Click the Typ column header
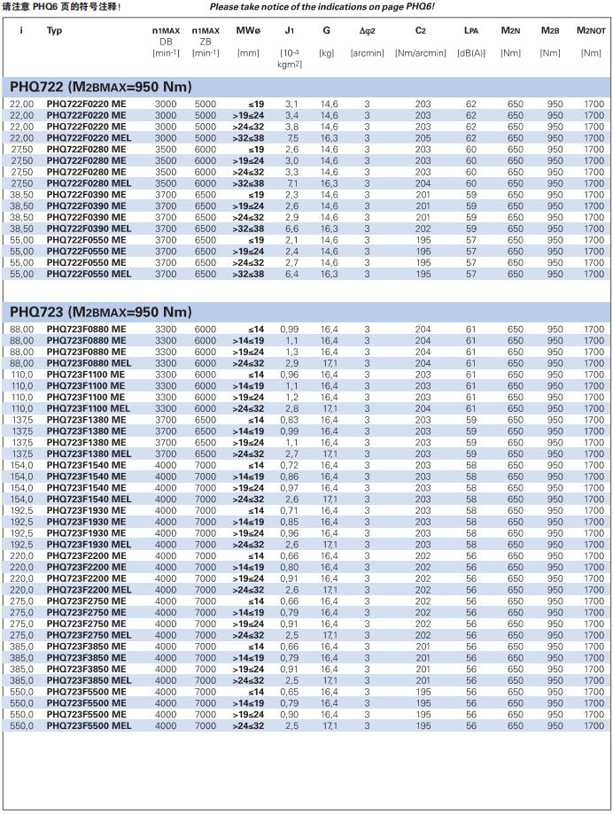pyautogui.click(x=55, y=31)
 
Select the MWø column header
pyautogui.click(x=248, y=31)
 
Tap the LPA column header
pyautogui.click(x=472, y=31)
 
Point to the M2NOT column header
pyautogui.click(x=591, y=31)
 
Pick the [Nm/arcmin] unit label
pyautogui.click(x=421, y=53)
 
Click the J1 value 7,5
pyautogui.click(x=291, y=138)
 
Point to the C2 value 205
pyautogui.click(x=423, y=138)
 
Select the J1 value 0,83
pyautogui.click(x=290, y=420)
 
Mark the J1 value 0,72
pyautogui.click(x=290, y=465)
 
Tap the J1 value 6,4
pyautogui.click(x=291, y=274)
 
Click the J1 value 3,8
pyautogui.click(x=291, y=127)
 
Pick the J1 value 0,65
pyautogui.click(x=290, y=691)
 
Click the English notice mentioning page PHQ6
pyautogui.click(x=322, y=7)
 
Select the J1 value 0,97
pyautogui.click(x=290, y=487)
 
